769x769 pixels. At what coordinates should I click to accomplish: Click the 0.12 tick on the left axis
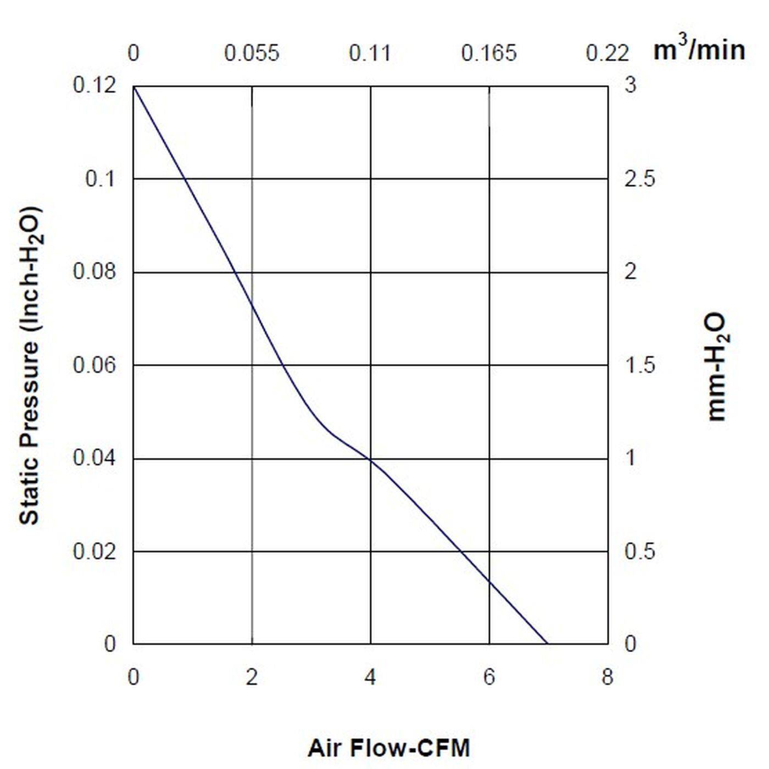(x=94, y=86)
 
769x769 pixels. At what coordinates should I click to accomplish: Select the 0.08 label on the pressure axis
(x=94, y=271)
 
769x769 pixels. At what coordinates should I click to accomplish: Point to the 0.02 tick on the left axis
(x=94, y=551)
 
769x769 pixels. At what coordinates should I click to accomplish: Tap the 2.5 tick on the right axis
(x=639, y=179)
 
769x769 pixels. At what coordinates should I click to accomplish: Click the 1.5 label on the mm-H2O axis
(x=639, y=365)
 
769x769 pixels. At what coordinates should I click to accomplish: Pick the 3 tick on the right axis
(x=630, y=86)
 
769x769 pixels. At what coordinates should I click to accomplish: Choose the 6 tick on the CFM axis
(x=489, y=677)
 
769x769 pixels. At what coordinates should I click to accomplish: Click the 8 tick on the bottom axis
(x=607, y=677)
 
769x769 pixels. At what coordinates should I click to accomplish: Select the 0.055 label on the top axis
(x=252, y=53)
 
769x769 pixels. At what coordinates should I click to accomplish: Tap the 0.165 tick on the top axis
(x=489, y=53)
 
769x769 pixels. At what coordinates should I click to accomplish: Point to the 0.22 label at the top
(x=607, y=53)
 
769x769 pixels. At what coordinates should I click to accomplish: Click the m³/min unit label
(x=699, y=50)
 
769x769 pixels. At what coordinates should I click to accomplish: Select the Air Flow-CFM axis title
(x=389, y=748)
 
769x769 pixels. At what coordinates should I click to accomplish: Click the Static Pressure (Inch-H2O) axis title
(x=31, y=365)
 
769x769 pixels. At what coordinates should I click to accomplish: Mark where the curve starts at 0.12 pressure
(x=134, y=86)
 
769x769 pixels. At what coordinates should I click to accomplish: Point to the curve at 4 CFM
(x=371, y=459)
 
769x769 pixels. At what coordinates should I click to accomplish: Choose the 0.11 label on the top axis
(x=370, y=53)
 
